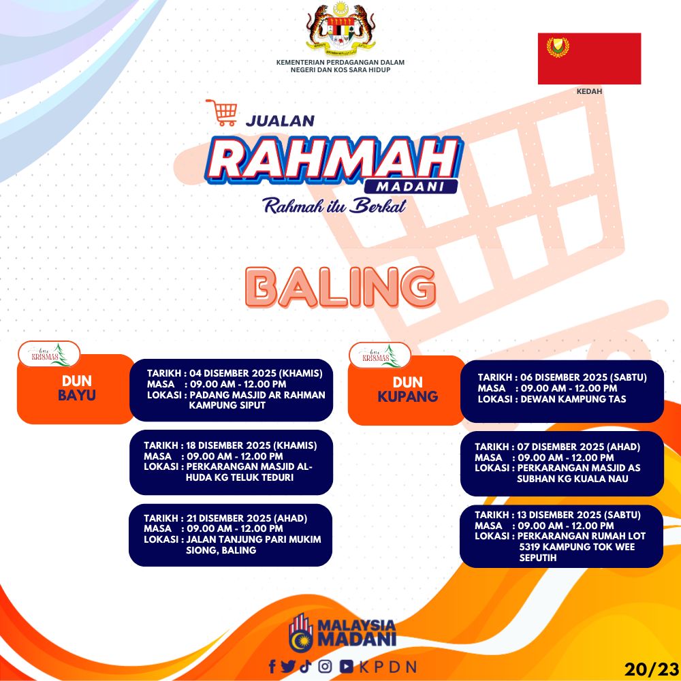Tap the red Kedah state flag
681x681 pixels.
[x=589, y=59]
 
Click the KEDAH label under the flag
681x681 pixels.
[x=589, y=91]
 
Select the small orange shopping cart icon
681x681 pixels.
[x=222, y=112]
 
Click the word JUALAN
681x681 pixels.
[x=280, y=121]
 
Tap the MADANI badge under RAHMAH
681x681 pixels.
[x=411, y=187]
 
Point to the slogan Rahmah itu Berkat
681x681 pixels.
[x=335, y=206]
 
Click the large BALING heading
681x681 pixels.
[x=340, y=287]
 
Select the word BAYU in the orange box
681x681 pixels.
[x=77, y=395]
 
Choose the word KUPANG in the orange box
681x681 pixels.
[x=408, y=396]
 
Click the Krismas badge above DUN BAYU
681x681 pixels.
[x=49, y=354]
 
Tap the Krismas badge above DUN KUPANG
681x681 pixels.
[x=380, y=355]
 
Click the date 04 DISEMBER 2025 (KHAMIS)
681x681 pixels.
[x=256, y=373]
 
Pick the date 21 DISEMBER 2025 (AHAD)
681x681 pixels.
[x=247, y=518]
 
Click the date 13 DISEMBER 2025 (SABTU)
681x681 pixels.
[x=579, y=515]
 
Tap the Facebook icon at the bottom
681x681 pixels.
[x=272, y=666]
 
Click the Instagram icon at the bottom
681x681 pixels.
[x=326, y=666]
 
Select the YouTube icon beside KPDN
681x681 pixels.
[x=347, y=666]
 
